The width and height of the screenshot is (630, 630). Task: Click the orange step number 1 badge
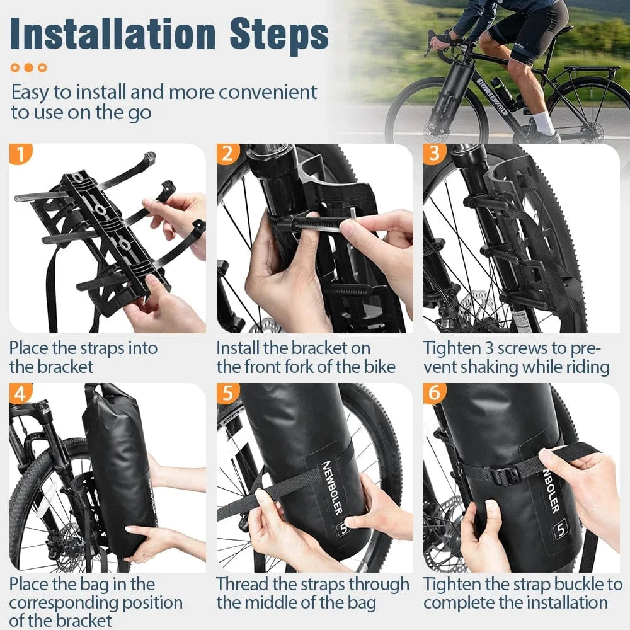[21, 154]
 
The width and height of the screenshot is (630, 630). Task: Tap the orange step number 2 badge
[227, 154]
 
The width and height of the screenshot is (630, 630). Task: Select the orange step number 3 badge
[434, 154]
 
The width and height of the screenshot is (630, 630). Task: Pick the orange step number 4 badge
[21, 394]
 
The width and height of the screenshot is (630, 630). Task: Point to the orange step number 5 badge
[227, 394]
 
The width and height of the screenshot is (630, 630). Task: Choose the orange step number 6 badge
[434, 394]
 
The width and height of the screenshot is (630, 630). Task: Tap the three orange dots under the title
[29, 67]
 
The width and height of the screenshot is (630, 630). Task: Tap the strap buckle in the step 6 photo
[501, 474]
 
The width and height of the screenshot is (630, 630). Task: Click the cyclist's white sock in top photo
[544, 123]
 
